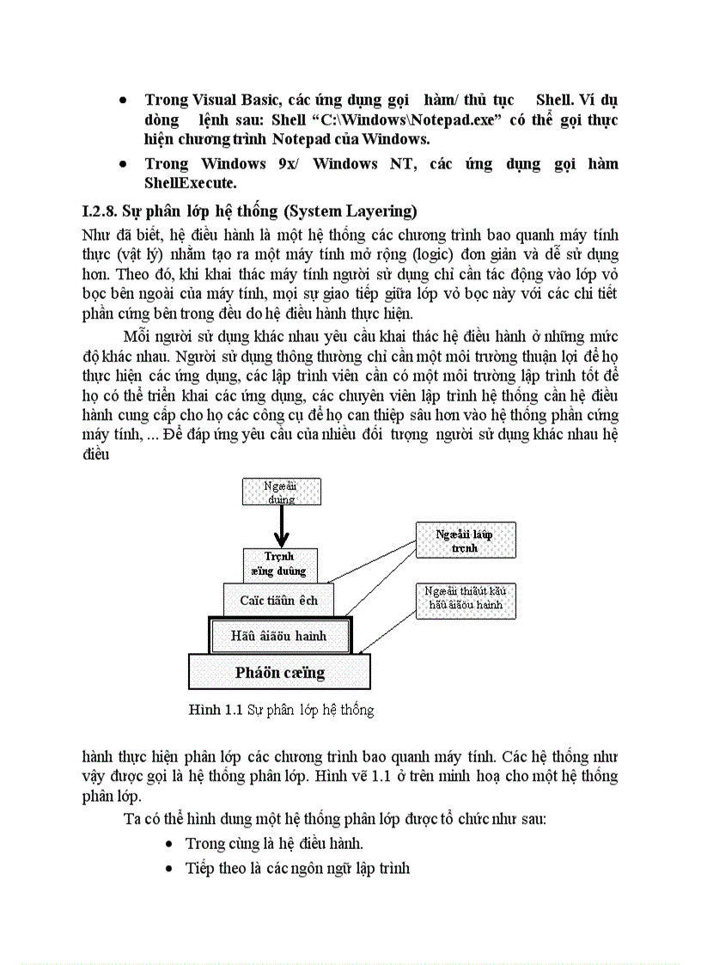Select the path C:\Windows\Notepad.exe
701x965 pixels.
tap(412, 119)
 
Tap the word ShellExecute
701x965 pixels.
tap(191, 182)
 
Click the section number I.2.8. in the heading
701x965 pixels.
tap(99, 211)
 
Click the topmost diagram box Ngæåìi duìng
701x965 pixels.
tap(280, 492)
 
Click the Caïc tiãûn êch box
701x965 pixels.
tap(278, 600)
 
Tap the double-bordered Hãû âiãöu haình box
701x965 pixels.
tap(279, 636)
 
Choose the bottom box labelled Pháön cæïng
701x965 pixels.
tap(279, 672)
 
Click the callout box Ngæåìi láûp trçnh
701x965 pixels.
tap(465, 541)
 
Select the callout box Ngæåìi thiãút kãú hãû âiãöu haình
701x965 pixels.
tap(465, 601)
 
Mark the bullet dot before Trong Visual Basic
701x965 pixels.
tap(125, 101)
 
